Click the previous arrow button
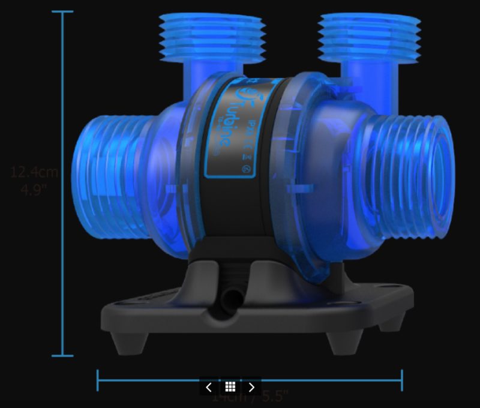click(209, 387)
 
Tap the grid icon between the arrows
click(230, 387)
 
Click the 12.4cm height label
click(34, 172)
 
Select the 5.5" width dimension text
click(270, 396)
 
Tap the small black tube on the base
click(230, 299)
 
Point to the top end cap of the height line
click(62, 11)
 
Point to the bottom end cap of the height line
click(62, 356)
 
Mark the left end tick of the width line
click(98, 380)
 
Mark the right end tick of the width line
click(401, 380)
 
